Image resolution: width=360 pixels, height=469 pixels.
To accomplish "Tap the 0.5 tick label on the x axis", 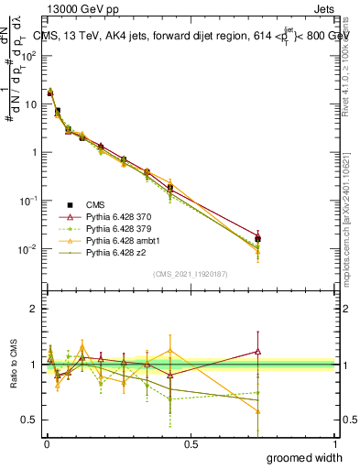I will point(191,443).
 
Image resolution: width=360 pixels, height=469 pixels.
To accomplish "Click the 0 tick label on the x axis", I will point(46,443).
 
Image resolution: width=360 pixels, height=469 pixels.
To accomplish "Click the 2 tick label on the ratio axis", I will point(35,309).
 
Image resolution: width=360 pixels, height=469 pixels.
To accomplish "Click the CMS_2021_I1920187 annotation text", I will point(191,273).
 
